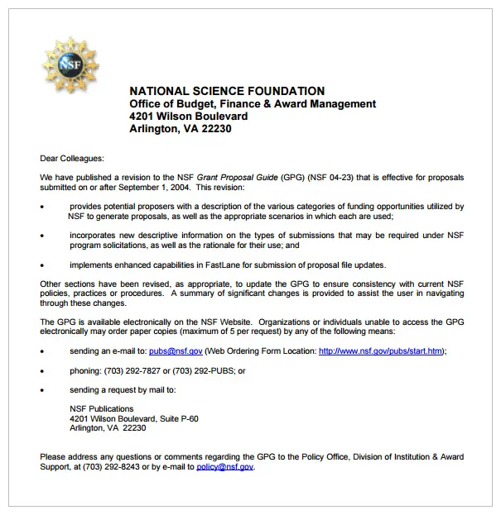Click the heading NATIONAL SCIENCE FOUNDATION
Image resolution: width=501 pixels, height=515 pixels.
[x=227, y=91]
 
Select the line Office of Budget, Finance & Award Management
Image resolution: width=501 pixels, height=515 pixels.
[x=253, y=103]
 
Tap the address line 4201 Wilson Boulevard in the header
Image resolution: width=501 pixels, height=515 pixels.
[x=188, y=116]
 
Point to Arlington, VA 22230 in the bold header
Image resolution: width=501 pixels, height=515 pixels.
[x=180, y=129]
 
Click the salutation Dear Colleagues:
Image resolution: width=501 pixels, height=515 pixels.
[x=72, y=157]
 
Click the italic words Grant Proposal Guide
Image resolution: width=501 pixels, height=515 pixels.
[x=237, y=178]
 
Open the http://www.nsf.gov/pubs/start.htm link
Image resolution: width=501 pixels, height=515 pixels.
[x=381, y=350]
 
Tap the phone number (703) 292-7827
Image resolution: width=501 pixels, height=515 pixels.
[x=132, y=371]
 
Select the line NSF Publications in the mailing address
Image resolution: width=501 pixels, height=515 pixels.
[x=101, y=408]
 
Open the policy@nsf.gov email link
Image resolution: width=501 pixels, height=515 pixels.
[x=225, y=466]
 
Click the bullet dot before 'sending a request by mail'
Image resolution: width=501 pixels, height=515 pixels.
[x=42, y=389]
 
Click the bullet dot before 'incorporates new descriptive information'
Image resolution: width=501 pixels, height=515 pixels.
[x=42, y=236]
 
